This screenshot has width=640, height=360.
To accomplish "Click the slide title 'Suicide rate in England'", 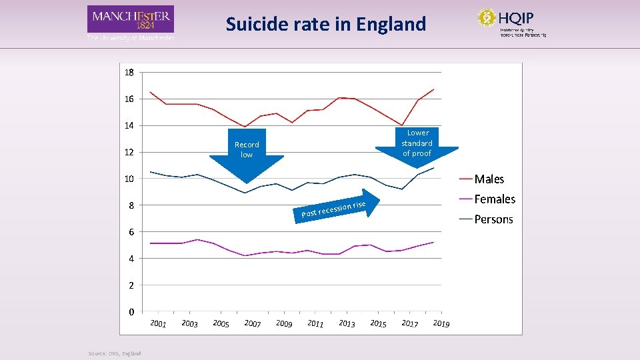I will (x=325, y=25).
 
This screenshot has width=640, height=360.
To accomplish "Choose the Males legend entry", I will (x=489, y=179).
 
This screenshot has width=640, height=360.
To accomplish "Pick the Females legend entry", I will (x=494, y=199).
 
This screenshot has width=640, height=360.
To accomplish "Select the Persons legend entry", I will (x=493, y=219).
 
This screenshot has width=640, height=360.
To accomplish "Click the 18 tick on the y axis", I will (x=128, y=72).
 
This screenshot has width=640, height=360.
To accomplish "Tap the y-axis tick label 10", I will (x=128, y=179).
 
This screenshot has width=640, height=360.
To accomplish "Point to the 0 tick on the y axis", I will (x=131, y=312).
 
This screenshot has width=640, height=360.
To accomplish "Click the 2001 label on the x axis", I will (x=158, y=324).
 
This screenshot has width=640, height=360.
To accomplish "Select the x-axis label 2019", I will (x=441, y=324).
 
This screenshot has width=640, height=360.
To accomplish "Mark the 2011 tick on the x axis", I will (x=315, y=324).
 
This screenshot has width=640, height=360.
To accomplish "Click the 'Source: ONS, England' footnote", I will (x=115, y=353).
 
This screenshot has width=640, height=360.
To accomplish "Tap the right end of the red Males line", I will (x=434, y=89).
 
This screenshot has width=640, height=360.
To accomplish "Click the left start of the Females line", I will (x=151, y=243).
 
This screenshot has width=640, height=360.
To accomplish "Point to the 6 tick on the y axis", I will (x=131, y=232).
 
